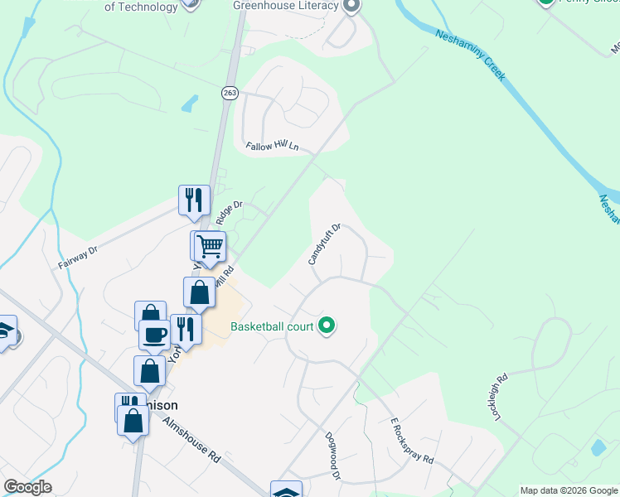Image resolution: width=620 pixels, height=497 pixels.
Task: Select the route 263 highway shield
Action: [230, 94]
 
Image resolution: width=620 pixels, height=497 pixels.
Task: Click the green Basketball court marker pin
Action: [327, 326]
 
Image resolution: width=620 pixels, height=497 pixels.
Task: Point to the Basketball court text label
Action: [272, 326]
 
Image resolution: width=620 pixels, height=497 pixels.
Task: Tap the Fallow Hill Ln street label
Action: [272, 147]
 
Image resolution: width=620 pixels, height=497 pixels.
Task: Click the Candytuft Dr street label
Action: [325, 244]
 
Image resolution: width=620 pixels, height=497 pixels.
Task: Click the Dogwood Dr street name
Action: [333, 456]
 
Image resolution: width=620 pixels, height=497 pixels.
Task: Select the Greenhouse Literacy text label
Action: [286, 6]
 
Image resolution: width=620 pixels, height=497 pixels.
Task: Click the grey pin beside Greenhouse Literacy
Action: [351, 6]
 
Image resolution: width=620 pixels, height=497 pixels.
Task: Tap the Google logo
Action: [27, 487]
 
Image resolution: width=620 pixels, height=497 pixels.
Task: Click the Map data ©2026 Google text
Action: [569, 490]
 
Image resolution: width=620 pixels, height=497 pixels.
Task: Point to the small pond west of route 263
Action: [190, 103]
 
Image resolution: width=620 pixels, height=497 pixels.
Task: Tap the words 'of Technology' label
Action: [141, 7]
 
